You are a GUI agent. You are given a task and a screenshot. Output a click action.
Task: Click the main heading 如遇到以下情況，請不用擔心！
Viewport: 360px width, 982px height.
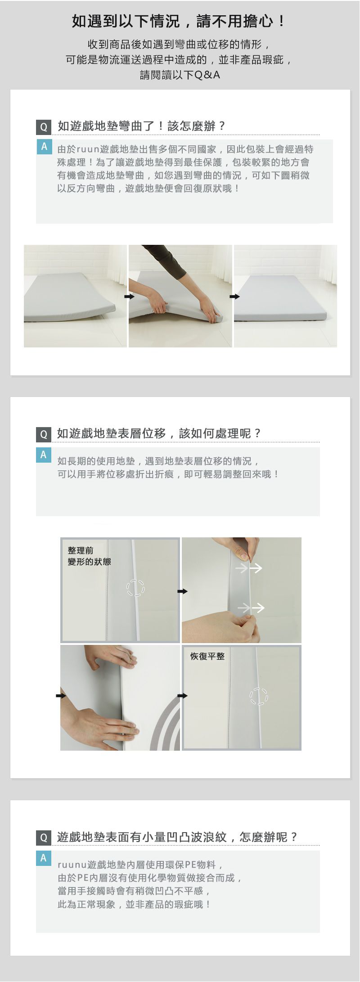(180, 21)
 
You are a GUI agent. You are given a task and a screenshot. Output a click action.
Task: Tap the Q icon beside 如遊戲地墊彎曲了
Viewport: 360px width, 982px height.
(44, 127)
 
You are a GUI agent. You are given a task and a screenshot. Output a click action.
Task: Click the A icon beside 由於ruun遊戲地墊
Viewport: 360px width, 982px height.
(44, 147)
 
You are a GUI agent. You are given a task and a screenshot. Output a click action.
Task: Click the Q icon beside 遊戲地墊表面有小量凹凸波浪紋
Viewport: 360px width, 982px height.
(44, 838)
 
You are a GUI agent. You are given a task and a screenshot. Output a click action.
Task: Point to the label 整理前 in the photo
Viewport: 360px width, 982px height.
(81, 551)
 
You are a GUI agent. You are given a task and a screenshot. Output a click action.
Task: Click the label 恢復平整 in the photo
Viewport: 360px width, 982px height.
(207, 656)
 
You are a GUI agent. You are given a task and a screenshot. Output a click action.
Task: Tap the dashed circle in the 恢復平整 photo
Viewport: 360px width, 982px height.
(259, 697)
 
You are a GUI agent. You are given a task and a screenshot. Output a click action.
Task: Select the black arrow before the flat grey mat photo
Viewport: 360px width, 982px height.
(235, 297)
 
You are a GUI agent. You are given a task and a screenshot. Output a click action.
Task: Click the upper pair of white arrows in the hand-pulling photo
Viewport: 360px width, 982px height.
(249, 568)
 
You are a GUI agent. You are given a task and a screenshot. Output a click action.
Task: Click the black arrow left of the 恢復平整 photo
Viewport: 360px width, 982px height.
(182, 696)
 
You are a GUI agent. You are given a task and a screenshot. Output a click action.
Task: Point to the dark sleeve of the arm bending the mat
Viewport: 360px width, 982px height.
(166, 263)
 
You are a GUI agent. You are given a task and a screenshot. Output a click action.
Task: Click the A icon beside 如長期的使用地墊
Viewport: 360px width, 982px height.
(44, 455)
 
